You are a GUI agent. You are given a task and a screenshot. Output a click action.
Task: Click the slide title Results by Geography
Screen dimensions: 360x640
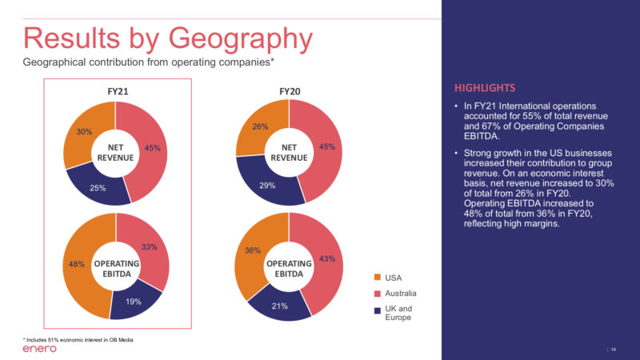click(x=168, y=38)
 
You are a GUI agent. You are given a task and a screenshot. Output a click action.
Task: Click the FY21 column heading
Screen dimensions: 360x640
click(x=118, y=92)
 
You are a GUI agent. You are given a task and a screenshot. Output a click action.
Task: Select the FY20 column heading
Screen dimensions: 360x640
click(x=290, y=92)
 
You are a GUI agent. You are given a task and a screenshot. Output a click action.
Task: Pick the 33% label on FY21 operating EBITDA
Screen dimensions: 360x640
click(x=149, y=247)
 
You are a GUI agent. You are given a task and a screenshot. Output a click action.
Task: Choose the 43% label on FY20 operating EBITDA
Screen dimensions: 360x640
click(x=326, y=258)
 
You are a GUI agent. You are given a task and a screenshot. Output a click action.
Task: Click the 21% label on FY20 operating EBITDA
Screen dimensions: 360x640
click(x=280, y=305)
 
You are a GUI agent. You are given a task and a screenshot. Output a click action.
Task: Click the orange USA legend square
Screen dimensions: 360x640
click(x=377, y=278)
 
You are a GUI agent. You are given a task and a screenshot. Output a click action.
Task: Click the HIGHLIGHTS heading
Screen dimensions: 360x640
click(x=485, y=87)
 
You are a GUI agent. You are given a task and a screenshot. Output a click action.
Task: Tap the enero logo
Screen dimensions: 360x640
click(x=39, y=349)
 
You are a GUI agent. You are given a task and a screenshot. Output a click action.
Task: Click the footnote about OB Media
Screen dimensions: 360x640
click(x=78, y=339)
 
